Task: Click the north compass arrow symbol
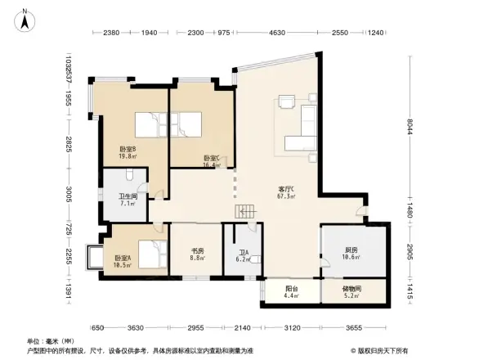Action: point(26,19)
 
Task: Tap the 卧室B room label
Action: point(128,148)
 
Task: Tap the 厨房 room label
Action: point(351,250)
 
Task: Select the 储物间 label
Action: point(352,288)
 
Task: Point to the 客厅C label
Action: point(286,189)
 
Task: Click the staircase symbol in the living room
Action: point(245,212)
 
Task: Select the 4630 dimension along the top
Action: point(277,33)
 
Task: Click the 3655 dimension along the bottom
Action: point(352,327)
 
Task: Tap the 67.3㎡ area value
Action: point(286,196)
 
